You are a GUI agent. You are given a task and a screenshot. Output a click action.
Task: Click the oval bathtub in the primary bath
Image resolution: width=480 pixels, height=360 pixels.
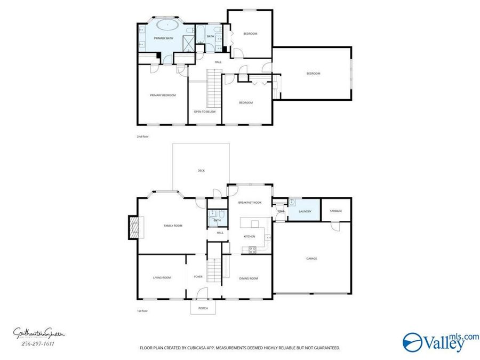point(167,25)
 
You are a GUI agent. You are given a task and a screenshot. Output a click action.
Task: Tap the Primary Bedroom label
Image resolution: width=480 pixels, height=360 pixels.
point(163,95)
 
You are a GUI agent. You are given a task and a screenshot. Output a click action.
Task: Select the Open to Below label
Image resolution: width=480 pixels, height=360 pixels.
point(204,111)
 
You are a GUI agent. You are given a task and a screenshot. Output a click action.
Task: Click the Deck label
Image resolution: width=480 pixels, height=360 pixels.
point(201,171)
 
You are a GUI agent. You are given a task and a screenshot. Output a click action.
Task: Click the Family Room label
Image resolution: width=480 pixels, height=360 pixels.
point(173,226)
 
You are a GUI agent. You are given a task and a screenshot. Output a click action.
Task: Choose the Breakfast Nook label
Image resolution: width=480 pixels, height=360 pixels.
point(250,203)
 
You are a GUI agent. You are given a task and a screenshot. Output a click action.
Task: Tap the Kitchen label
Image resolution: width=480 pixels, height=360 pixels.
point(249,236)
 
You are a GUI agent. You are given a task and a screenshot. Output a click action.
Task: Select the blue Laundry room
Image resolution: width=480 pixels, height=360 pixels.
point(305,211)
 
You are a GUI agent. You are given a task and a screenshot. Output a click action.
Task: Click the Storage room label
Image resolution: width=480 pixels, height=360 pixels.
point(335,211)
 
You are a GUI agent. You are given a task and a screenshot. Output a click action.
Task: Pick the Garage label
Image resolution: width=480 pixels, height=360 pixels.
point(311,259)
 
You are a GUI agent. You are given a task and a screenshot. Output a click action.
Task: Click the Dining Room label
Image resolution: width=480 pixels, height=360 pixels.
point(249,278)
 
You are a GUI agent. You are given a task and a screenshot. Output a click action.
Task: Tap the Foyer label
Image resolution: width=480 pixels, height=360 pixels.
point(198,277)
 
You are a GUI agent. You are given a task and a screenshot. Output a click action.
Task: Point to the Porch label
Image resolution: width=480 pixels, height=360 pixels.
point(203,308)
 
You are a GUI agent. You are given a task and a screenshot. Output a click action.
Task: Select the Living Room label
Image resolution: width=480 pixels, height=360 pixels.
point(162,277)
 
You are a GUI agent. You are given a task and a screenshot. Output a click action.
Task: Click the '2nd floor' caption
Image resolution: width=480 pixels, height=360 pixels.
point(142,137)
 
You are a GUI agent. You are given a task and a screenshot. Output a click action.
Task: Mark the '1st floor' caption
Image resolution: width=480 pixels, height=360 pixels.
point(142,310)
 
